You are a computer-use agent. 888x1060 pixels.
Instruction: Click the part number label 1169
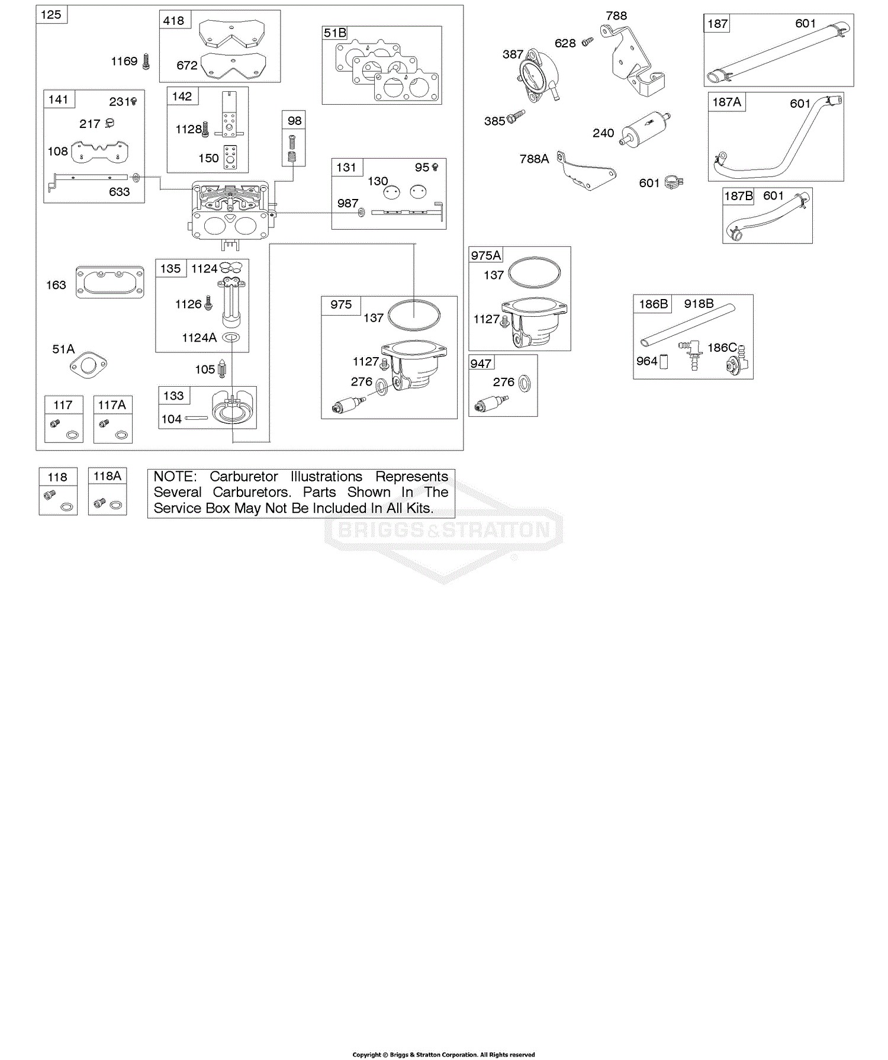(x=124, y=61)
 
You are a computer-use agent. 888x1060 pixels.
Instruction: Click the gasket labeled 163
(x=110, y=282)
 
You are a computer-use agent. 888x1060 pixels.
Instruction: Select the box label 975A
(x=486, y=255)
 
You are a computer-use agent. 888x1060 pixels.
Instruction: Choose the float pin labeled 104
(x=196, y=418)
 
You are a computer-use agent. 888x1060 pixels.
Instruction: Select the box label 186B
(x=654, y=304)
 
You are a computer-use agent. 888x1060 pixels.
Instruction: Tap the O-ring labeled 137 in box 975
(x=414, y=315)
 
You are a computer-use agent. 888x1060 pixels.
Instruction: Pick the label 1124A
(x=200, y=338)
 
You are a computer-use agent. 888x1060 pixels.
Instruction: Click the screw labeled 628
(x=587, y=41)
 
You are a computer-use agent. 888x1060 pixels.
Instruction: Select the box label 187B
(x=739, y=196)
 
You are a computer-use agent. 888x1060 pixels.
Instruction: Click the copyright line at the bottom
(x=444, y=1055)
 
